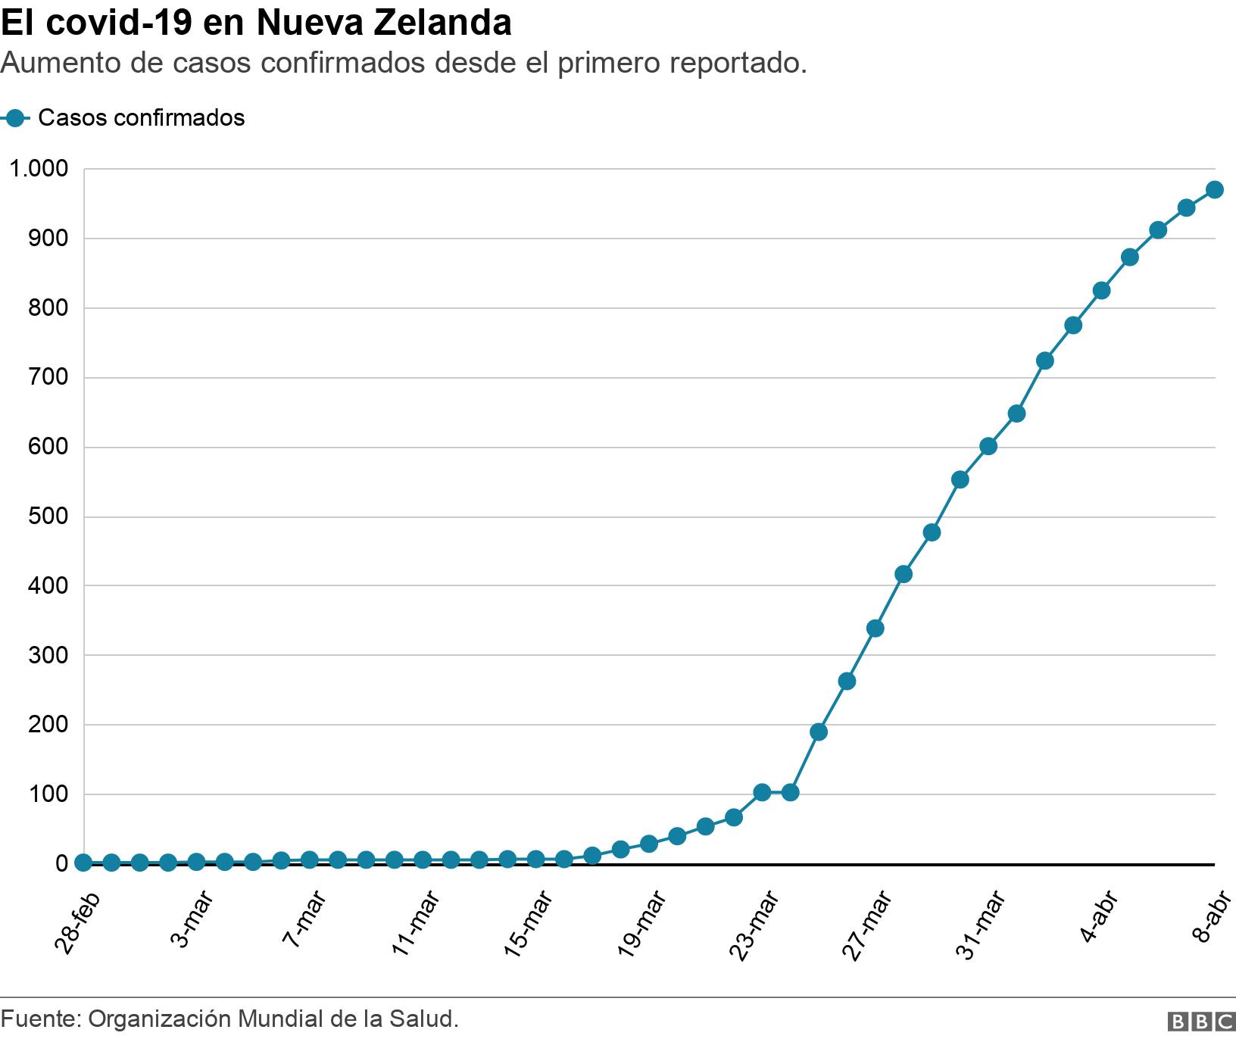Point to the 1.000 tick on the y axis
[x=38, y=168]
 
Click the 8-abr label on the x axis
[x=1209, y=917]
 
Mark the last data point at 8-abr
[x=1214, y=189]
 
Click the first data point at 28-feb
[x=83, y=863]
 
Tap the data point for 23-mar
[x=762, y=792]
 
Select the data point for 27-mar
[x=875, y=628]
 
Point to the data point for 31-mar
[x=988, y=446]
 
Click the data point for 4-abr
[x=1101, y=291]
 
